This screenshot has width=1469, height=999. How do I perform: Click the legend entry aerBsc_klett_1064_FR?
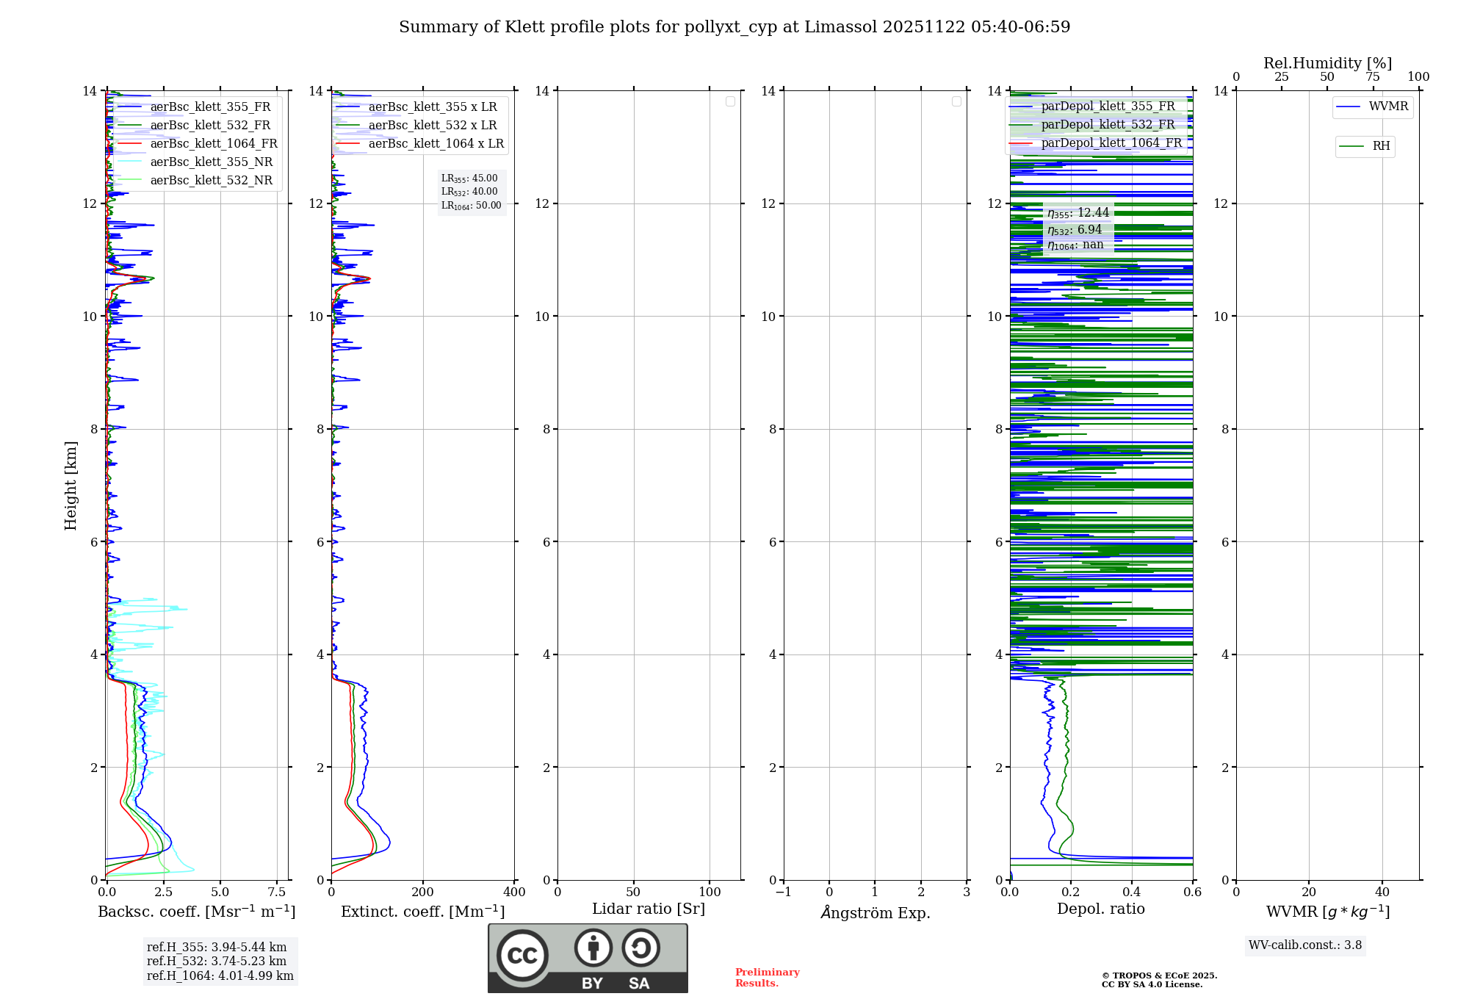point(214,144)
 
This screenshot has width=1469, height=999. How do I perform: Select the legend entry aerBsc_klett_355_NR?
point(211,162)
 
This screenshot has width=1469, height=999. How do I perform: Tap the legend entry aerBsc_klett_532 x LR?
point(433,126)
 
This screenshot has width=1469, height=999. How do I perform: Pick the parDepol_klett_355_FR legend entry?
point(1108,107)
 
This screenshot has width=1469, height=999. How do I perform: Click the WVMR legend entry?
point(1388,107)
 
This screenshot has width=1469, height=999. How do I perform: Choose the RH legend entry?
point(1381,146)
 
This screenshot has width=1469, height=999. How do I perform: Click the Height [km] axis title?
point(71,486)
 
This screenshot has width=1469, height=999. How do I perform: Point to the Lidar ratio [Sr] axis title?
point(649,909)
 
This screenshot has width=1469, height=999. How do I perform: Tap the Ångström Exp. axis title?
point(876,913)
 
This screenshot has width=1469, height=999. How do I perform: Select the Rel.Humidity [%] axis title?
point(1327,63)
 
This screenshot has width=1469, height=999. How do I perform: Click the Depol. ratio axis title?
point(1100,909)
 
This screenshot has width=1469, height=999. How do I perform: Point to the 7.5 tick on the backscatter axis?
point(277,892)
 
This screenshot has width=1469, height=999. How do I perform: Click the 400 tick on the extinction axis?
point(514,892)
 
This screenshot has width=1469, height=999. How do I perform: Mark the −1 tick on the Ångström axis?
point(784,892)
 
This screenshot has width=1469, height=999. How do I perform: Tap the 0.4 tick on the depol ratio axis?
point(1132,892)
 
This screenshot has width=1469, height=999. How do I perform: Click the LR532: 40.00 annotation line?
point(469,192)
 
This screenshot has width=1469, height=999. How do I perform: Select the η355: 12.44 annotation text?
point(1078,213)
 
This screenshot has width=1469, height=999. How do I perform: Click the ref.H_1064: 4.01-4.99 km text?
point(220,976)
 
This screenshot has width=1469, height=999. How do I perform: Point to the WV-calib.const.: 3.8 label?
point(1305,945)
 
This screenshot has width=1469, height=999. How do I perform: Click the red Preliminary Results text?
point(767,978)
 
